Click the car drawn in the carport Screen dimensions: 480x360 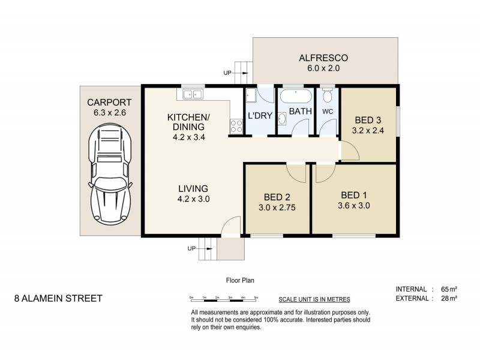click(x=110, y=174)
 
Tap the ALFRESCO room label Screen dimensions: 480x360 click(x=323, y=58)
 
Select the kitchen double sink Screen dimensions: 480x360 click(x=193, y=94)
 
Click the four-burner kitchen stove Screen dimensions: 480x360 click(x=236, y=126)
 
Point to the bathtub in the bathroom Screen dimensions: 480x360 click(x=296, y=96)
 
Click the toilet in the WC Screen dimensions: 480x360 click(x=328, y=95)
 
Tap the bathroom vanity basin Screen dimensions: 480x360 click(x=282, y=118)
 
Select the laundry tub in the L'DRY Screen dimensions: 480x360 click(x=251, y=95)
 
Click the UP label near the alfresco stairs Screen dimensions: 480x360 click(x=227, y=73)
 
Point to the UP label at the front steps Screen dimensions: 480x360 click(x=191, y=248)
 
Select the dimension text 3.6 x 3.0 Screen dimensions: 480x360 click(x=354, y=205)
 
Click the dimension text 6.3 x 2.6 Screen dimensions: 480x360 click(x=110, y=113)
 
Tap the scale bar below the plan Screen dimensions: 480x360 click(x=224, y=300)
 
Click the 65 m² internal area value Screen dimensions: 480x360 click(x=449, y=289)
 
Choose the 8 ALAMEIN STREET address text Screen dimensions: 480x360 click(x=58, y=298)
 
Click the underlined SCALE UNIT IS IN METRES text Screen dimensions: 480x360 click(x=314, y=299)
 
